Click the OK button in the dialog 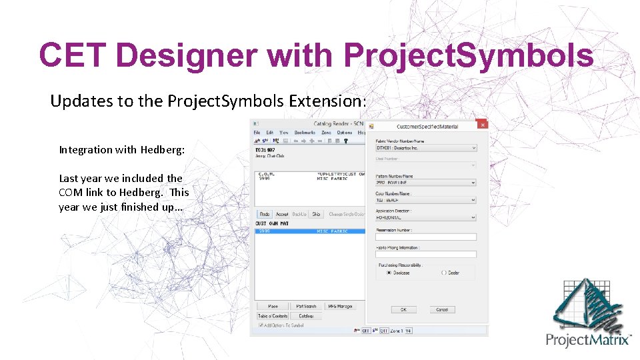point(403,309)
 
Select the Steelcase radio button point(389,272)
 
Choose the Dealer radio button point(444,272)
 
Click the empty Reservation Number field point(426,237)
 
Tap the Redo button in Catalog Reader point(265,214)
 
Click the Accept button point(282,214)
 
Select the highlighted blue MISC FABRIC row point(311,231)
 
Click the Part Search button point(306,306)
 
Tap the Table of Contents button point(273,316)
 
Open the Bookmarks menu point(305,133)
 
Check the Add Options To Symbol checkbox point(260,325)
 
